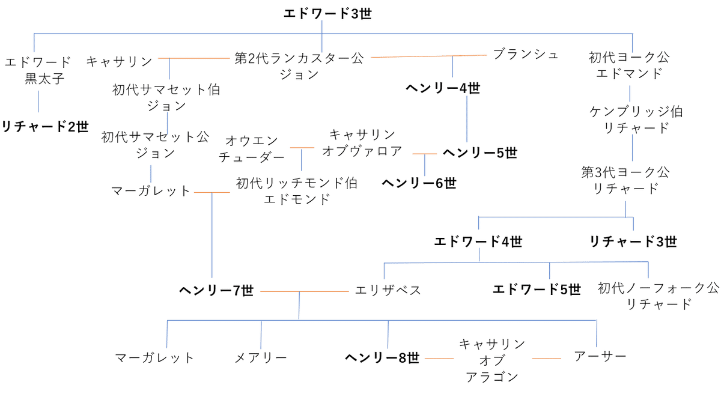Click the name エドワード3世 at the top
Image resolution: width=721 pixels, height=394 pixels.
tap(327, 13)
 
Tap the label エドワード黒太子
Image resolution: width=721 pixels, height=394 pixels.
tap(37, 70)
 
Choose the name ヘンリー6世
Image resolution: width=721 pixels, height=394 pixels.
tap(419, 183)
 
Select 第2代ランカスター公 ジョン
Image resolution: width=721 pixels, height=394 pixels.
tap(299, 66)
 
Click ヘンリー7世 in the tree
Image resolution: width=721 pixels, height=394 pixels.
tap(216, 291)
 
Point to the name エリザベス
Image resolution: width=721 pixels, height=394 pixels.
tap(388, 291)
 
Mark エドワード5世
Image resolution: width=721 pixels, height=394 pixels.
tap(537, 289)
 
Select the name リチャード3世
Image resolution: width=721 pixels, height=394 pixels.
tap(633, 241)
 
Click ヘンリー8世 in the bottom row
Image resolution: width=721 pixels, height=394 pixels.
tap(382, 358)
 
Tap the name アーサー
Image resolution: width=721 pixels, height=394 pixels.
tap(600, 356)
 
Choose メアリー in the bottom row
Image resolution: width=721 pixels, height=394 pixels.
tap(260, 358)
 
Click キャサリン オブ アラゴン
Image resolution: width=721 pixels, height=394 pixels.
tap(492, 360)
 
